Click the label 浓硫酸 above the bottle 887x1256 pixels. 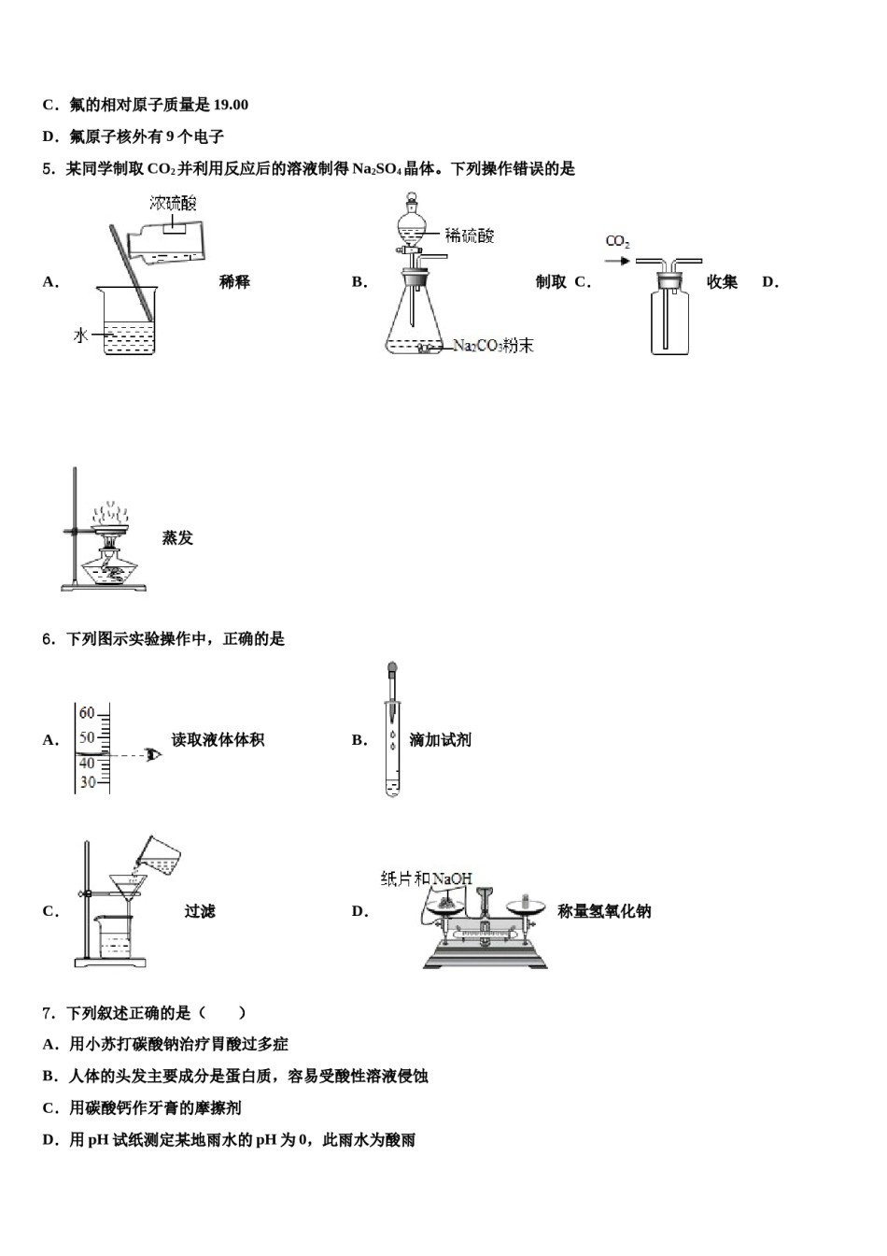point(173,203)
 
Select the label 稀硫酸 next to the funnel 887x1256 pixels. point(470,235)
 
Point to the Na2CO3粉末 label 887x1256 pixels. point(493,346)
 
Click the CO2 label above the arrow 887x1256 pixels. point(617,241)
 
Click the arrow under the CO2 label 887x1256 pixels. point(617,261)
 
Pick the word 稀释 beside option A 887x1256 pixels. point(234,281)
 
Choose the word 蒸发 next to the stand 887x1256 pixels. point(177,537)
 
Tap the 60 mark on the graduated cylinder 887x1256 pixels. point(87,713)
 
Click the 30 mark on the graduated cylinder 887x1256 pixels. point(87,782)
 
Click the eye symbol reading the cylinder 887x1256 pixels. point(153,753)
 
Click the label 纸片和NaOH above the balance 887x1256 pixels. point(427,878)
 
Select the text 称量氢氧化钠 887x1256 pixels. point(604,911)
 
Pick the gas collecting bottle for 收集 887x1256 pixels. point(670,322)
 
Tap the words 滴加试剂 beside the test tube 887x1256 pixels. point(440,739)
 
